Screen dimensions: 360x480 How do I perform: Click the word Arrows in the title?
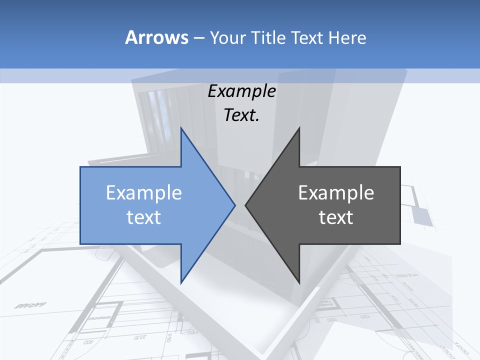156,37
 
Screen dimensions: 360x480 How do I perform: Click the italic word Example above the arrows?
241,91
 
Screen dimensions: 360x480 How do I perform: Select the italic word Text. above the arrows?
241,115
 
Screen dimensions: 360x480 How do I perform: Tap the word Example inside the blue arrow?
144,193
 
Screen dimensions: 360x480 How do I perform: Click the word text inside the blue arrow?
144,217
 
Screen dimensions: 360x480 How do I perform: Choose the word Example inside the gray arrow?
336,193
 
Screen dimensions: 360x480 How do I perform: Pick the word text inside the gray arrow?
336,217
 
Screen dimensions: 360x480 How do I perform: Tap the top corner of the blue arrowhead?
181,128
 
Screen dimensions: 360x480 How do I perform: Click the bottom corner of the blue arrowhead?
181,282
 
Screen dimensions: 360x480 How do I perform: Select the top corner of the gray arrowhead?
299,128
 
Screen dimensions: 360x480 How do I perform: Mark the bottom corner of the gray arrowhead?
299,282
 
